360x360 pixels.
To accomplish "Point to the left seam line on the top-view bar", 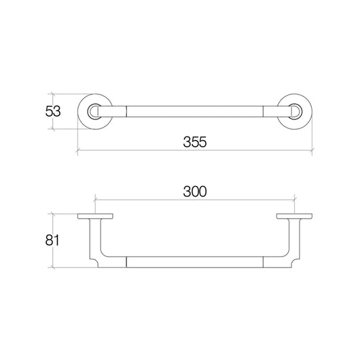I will point(129,109).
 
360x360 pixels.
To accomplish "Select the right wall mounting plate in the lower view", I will point(294,218).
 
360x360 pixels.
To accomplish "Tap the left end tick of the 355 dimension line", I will point(76,151).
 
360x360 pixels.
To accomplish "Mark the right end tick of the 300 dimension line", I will point(294,200).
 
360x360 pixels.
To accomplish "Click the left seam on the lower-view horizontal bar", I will point(129,262).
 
